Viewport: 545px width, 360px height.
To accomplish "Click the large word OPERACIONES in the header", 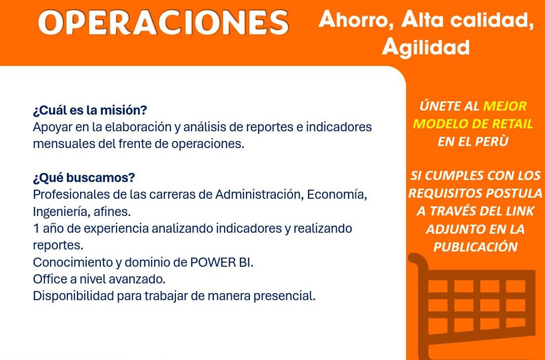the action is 163,22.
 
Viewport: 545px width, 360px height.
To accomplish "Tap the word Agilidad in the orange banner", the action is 426,47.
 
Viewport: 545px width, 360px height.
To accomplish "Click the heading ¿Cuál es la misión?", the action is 90,111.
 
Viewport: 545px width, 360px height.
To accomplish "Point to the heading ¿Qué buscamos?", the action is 84,178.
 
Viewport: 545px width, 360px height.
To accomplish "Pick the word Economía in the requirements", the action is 337,195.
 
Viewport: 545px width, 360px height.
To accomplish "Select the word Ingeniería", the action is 61,211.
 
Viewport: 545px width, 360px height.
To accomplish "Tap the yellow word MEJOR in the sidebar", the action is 505,106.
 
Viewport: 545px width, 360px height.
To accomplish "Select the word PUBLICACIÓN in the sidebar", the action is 475,247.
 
